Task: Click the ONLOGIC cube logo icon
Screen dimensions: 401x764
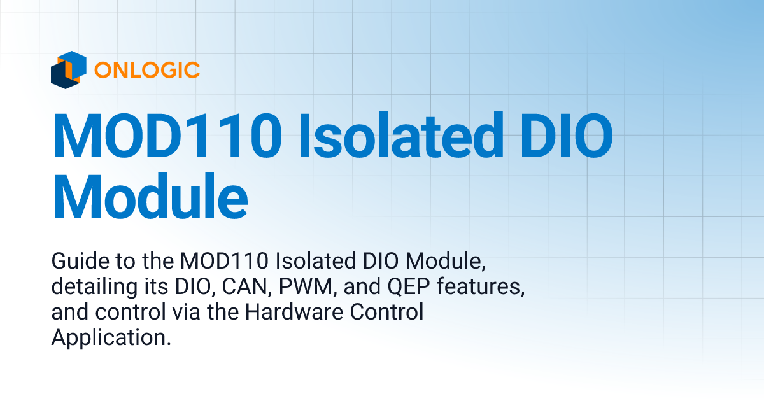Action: tap(68, 69)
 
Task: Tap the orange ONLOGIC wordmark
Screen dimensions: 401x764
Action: tap(146, 69)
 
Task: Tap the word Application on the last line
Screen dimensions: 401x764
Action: tap(111, 338)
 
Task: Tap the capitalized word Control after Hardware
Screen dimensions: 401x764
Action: tap(386, 313)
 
